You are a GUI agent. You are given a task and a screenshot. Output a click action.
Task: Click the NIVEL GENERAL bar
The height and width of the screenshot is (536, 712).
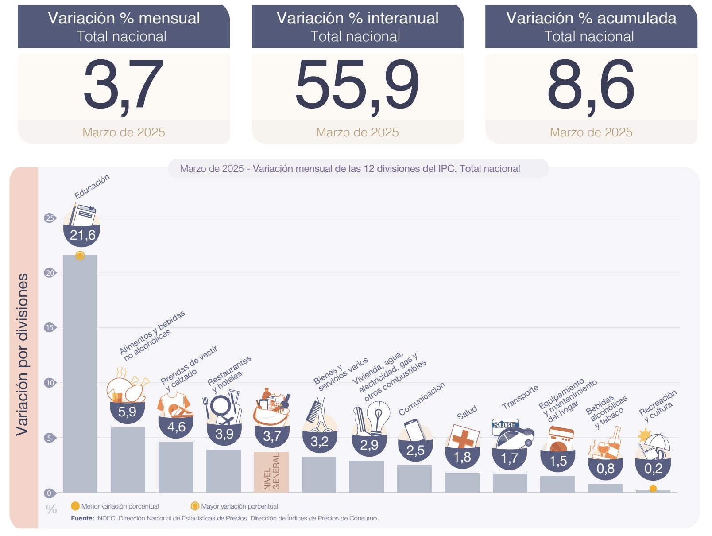pyautogui.click(x=271, y=472)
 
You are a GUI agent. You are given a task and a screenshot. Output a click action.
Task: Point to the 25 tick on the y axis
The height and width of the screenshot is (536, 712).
pyautogui.click(x=50, y=218)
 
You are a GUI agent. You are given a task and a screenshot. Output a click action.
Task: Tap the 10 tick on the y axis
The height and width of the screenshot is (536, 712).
pyautogui.click(x=50, y=383)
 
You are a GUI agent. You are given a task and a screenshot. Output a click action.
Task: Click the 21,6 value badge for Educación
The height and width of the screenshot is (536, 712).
pyautogui.click(x=82, y=235)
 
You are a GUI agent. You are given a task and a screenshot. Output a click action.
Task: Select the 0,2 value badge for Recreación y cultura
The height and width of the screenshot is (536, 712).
pyautogui.click(x=653, y=469)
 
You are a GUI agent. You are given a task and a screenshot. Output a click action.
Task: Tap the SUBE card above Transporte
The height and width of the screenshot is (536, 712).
pyautogui.click(x=505, y=425)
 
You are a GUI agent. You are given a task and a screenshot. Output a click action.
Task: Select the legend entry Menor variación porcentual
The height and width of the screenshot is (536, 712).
pyautogui.click(x=115, y=506)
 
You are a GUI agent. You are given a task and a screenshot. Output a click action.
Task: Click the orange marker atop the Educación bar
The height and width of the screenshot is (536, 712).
pyautogui.click(x=80, y=256)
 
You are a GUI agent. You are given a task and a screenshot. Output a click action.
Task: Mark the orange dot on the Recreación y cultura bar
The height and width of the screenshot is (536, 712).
pyautogui.click(x=653, y=489)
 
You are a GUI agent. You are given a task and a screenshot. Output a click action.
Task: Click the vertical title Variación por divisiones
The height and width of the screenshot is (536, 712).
pyautogui.click(x=23, y=354)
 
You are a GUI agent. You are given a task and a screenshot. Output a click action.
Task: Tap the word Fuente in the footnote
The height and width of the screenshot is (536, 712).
pyautogui.click(x=82, y=518)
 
